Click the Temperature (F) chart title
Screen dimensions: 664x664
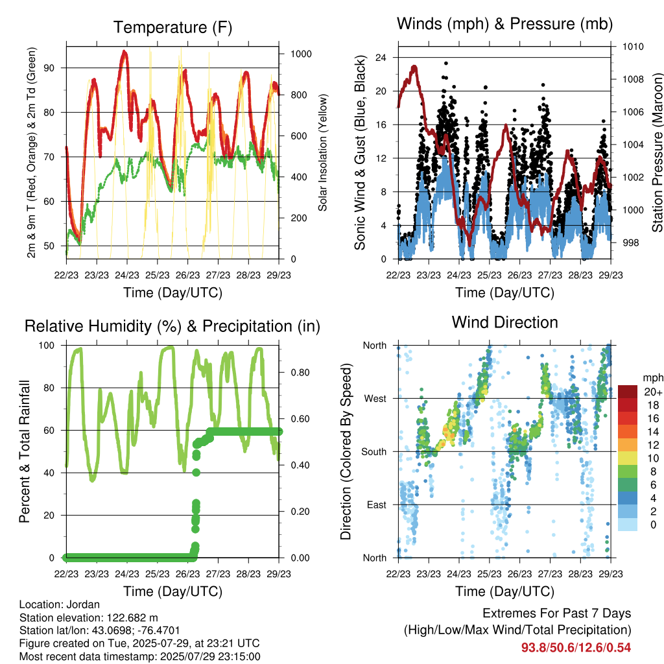172,27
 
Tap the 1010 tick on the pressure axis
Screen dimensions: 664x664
633,47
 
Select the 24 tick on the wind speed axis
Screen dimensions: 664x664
381,58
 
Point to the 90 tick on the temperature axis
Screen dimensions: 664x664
49,67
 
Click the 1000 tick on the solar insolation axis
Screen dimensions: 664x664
301,54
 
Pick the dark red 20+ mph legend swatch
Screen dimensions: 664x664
628,392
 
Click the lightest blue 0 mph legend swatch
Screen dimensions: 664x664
628,524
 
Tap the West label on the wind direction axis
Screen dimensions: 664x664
375,399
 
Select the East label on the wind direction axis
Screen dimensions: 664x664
377,504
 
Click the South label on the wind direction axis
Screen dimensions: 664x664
374,452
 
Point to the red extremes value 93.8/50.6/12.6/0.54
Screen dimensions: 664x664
576,648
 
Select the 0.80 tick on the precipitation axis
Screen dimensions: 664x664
300,373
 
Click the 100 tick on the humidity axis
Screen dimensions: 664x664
47,346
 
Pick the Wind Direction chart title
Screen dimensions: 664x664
504,322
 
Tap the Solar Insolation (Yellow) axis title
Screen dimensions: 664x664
323,152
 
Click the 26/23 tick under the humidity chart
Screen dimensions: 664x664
187,574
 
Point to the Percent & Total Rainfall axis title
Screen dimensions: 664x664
25,451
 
